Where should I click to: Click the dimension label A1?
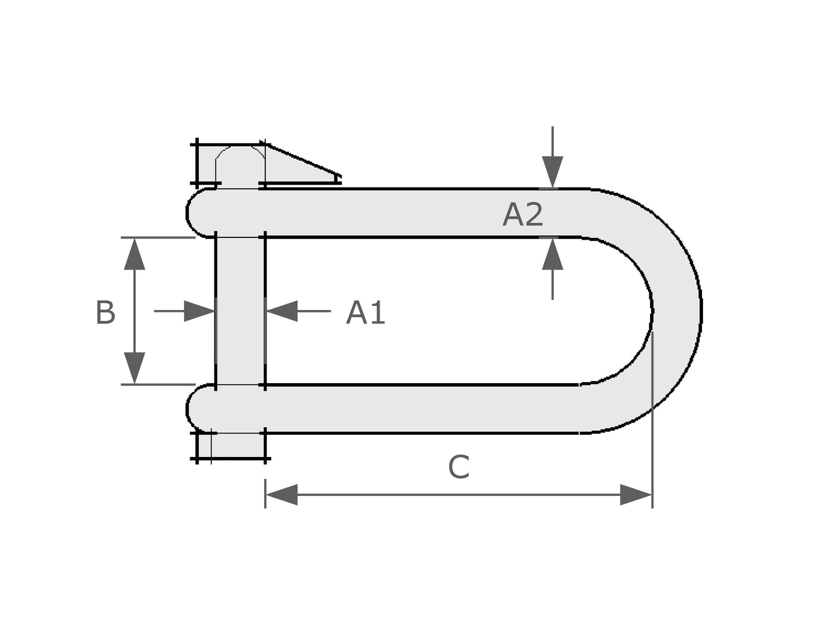point(365,312)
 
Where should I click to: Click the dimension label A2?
point(522,214)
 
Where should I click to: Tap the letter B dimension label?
point(105,312)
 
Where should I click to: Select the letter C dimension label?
point(458,467)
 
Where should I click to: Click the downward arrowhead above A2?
point(552,172)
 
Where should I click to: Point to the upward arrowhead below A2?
point(552,254)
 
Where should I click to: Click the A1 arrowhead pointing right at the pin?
point(199,311)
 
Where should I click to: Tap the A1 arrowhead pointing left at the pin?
point(281,311)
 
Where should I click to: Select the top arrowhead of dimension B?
point(134,254)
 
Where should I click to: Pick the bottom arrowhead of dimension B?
point(134,368)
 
